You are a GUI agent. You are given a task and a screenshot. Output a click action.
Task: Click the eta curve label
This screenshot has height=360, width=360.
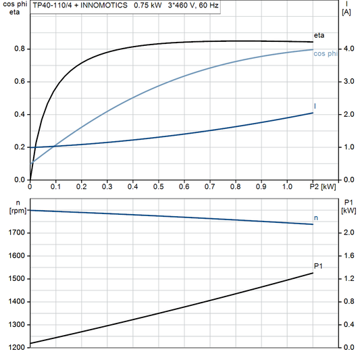pyautogui.click(x=319, y=34)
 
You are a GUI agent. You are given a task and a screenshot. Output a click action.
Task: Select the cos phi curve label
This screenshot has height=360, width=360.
pyautogui.click(x=326, y=53)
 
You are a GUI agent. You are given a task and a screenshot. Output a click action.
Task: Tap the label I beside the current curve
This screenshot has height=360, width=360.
pyautogui.click(x=315, y=107)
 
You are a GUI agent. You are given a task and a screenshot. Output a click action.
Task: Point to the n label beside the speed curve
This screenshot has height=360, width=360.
pyautogui.click(x=316, y=217)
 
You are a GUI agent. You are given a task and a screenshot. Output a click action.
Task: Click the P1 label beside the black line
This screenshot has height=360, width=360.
pyautogui.click(x=318, y=265)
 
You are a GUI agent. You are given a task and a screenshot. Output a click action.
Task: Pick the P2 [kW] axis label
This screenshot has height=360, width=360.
pyautogui.click(x=322, y=186)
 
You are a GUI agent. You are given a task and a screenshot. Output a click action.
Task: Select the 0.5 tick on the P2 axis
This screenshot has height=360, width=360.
pyautogui.click(x=158, y=186)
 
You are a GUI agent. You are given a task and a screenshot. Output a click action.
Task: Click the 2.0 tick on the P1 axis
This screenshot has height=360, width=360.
pyautogui.click(x=349, y=232)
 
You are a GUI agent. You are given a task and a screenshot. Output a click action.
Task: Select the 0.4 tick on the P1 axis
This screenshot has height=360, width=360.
pyautogui.click(x=349, y=324)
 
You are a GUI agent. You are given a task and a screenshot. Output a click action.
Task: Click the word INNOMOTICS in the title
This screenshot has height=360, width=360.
pyautogui.click(x=99, y=5)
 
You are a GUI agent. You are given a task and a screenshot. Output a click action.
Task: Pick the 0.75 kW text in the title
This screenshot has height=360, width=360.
pyautogui.click(x=148, y=5)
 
